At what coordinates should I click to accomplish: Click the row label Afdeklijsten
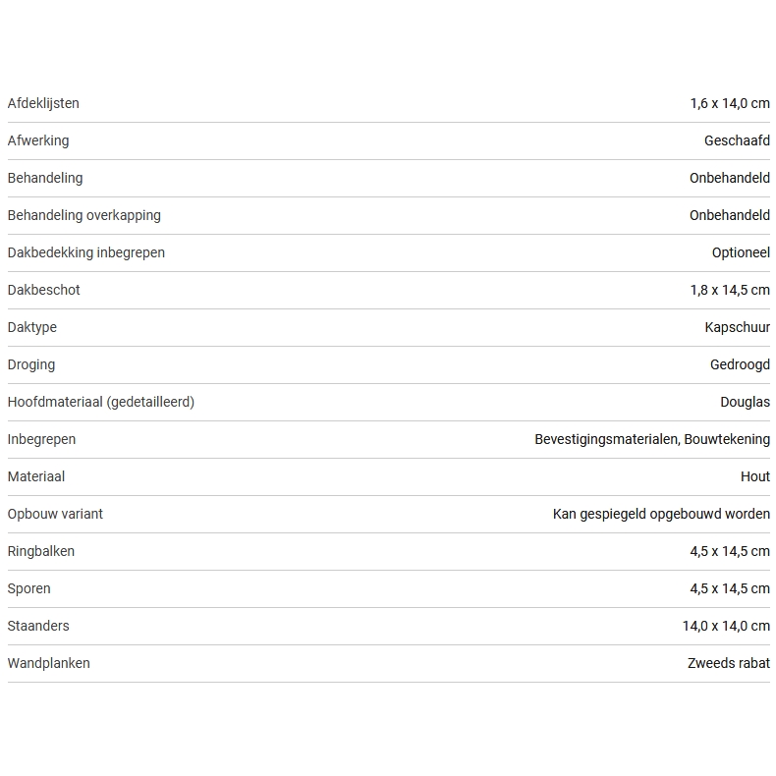click(43, 103)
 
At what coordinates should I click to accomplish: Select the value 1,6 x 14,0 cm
click(730, 103)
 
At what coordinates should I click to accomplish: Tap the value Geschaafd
click(737, 140)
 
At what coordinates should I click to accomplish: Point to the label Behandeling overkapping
click(83, 215)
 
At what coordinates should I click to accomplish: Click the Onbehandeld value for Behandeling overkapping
click(730, 215)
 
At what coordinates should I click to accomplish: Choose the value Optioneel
click(741, 252)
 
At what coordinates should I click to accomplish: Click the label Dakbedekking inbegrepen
click(86, 252)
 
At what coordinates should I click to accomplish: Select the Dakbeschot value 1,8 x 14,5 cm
click(730, 290)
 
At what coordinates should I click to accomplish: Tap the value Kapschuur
click(738, 327)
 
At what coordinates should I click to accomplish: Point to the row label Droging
click(31, 364)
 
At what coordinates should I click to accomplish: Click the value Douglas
click(745, 402)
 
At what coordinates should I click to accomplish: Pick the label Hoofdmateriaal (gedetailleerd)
click(101, 402)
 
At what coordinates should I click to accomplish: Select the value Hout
click(755, 476)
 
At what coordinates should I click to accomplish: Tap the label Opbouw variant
click(55, 514)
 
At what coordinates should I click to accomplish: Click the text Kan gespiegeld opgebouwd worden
click(661, 514)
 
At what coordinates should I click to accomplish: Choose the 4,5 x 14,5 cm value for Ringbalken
click(730, 551)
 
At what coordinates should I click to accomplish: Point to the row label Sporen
click(29, 588)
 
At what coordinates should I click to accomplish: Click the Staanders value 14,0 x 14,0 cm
click(726, 626)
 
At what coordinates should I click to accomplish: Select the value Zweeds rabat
click(729, 663)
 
